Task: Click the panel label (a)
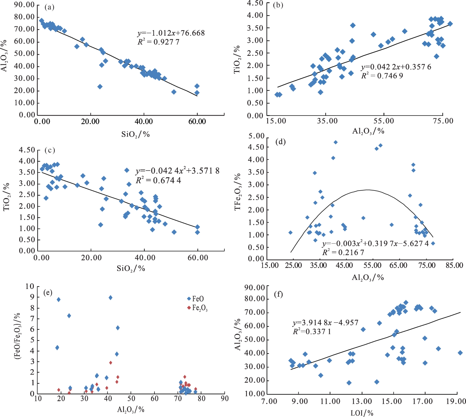(49, 7)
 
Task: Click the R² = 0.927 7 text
(158, 42)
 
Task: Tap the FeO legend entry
(196, 299)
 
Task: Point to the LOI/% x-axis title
(362, 413)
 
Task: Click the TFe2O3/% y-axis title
(238, 192)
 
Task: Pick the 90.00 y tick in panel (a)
(25, 5)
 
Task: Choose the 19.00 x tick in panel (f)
(457, 401)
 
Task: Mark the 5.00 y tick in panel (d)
(256, 136)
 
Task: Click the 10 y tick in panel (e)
(30, 286)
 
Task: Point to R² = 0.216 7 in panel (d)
(343, 252)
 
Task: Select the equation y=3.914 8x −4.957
(325, 322)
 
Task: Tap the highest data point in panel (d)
(335, 142)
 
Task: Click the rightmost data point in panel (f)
(460, 353)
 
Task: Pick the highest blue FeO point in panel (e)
(110, 298)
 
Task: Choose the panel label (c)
(50, 150)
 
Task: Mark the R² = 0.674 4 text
(158, 180)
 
